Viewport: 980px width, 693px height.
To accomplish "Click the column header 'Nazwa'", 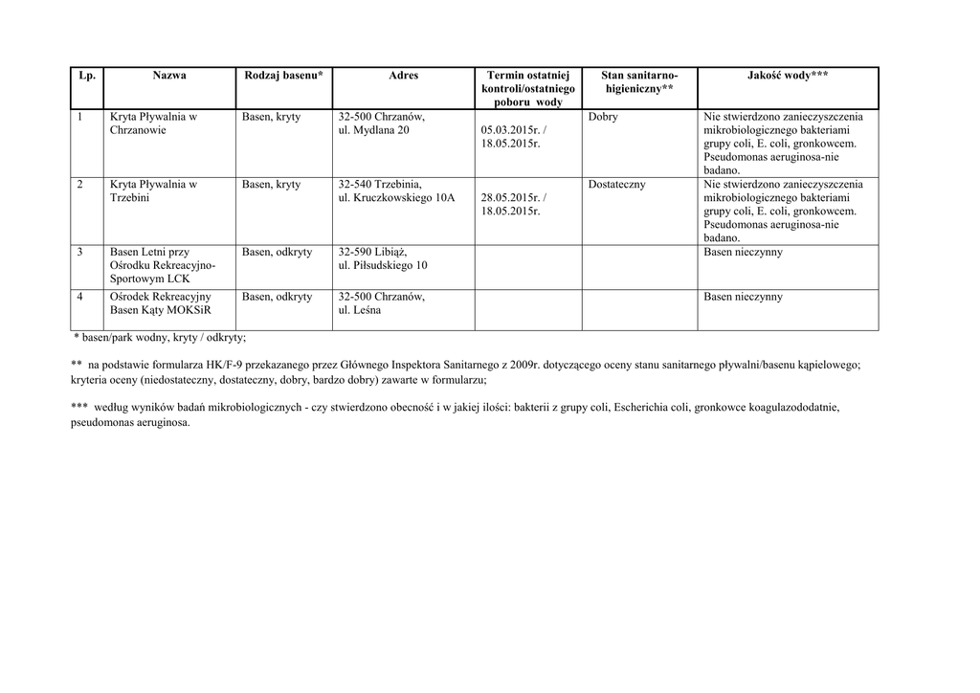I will pos(168,76).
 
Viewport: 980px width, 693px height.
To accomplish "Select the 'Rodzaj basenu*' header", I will pos(283,76).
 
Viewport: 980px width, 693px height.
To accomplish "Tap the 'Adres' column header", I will pos(403,76).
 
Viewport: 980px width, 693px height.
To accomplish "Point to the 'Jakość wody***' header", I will pos(788,76).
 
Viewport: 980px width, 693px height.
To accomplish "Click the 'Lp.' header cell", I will pos(87,76).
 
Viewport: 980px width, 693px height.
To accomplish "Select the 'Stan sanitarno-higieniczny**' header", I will pos(639,81).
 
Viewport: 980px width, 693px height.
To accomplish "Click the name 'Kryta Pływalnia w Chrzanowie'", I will pos(153,123).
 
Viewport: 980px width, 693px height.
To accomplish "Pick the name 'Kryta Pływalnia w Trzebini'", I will pos(153,191).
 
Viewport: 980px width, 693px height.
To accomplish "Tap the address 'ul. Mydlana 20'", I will pos(374,131).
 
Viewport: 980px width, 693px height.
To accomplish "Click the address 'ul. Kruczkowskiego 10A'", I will pos(397,198).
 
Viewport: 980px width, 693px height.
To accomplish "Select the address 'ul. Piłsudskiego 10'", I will pos(383,265).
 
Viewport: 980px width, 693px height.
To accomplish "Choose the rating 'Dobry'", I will pos(603,118).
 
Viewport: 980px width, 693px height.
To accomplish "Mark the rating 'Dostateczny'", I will pos(617,185).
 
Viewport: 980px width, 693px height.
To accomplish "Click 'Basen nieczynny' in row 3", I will pos(743,253).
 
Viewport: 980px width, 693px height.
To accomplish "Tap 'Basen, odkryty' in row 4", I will pos(278,298).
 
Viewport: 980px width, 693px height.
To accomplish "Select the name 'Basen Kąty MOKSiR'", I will pos(161,311).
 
